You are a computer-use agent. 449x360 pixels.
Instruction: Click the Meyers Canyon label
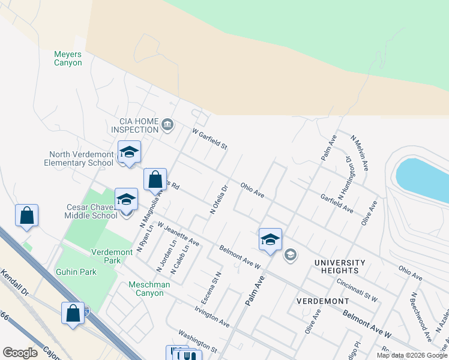click(68, 58)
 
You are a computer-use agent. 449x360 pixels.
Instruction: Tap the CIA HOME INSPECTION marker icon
click(167, 125)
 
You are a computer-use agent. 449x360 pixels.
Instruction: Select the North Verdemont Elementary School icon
click(129, 152)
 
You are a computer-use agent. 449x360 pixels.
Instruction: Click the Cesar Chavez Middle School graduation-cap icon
click(126, 200)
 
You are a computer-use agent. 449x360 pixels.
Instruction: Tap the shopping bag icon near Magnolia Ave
click(155, 179)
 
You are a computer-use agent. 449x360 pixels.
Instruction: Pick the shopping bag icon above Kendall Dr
click(27, 215)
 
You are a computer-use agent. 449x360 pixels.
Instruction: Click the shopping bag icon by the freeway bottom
click(73, 313)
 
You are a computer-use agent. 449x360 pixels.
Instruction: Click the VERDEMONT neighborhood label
click(322, 300)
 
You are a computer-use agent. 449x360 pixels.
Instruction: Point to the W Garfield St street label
click(209, 139)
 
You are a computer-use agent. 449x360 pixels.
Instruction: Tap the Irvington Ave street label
click(212, 316)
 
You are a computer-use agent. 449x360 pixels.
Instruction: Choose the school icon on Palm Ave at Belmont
click(271, 239)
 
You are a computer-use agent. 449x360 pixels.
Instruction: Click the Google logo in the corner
click(20, 352)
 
